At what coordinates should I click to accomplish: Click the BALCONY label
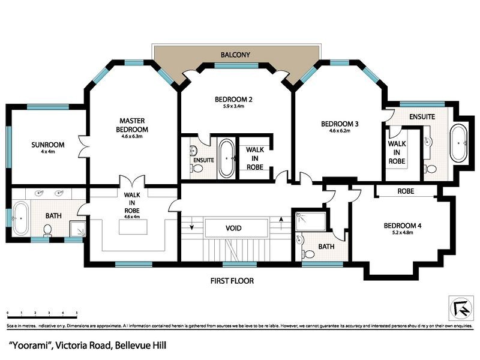(235, 55)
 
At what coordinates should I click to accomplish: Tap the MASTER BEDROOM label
(133, 125)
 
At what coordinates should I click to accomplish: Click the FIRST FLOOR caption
(232, 280)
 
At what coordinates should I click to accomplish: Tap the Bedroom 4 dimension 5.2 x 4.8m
(403, 233)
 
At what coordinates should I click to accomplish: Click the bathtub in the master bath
(20, 219)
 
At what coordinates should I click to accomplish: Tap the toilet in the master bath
(48, 229)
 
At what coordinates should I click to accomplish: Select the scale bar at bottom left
(42, 314)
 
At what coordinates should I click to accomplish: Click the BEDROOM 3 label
(340, 124)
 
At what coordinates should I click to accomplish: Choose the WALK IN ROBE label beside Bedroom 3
(397, 152)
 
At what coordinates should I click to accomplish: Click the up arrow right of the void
(281, 227)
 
